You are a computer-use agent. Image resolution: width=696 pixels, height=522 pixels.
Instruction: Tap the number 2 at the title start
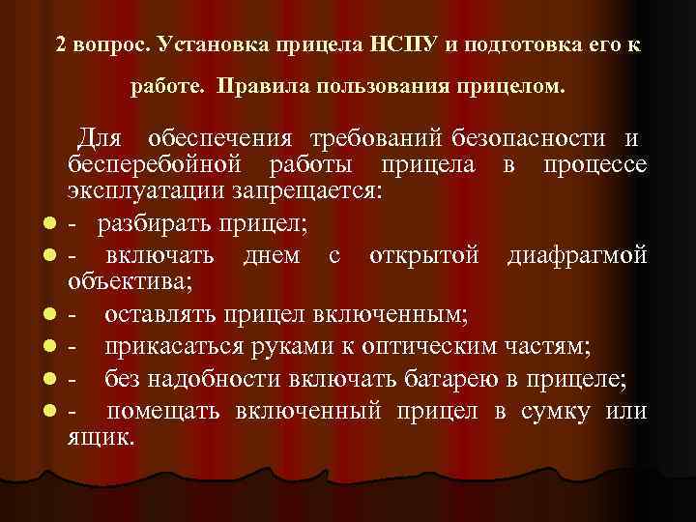tap(61, 45)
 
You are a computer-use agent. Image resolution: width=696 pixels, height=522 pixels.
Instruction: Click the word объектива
tap(130, 281)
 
